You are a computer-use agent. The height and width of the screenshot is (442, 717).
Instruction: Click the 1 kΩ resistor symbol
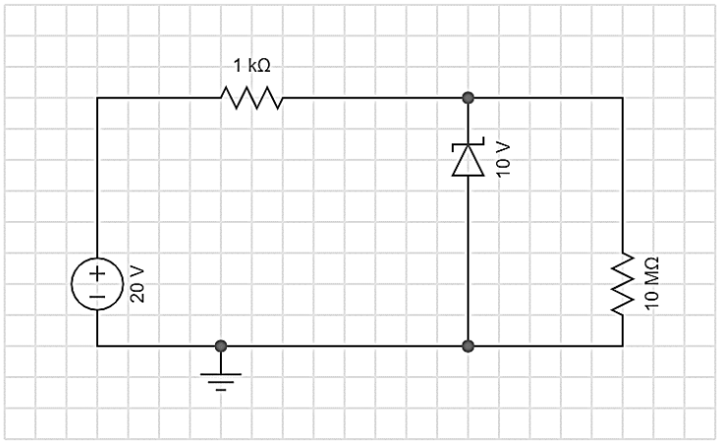pyautogui.click(x=252, y=98)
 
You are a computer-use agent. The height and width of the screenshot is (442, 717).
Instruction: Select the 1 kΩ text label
pyautogui.click(x=252, y=66)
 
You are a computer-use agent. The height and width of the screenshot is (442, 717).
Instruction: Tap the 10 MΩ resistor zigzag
pyautogui.click(x=623, y=284)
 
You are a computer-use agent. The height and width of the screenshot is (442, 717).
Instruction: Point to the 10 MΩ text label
pyautogui.click(x=652, y=284)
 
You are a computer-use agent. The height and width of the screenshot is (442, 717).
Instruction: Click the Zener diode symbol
pyautogui.click(x=468, y=159)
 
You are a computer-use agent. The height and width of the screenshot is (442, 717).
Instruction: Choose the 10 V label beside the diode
pyautogui.click(x=503, y=159)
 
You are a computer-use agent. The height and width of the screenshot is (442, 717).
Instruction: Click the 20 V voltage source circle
pyautogui.click(x=97, y=284)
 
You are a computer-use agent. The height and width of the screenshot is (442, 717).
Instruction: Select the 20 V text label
pyautogui.click(x=138, y=284)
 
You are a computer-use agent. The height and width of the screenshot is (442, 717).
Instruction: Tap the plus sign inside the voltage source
pyautogui.click(x=97, y=273)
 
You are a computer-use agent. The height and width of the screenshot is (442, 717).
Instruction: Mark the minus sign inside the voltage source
pyautogui.click(x=97, y=297)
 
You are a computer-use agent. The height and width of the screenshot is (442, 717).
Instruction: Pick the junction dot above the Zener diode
pyautogui.click(x=468, y=98)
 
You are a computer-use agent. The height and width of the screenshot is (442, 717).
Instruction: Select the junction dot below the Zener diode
pyautogui.click(x=468, y=346)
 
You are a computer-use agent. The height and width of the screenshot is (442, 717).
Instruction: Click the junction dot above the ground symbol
pyautogui.click(x=221, y=346)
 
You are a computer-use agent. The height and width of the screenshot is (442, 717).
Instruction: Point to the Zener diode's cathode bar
pyautogui.click(x=468, y=144)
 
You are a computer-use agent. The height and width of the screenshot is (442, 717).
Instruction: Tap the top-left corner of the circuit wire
pyautogui.click(x=97, y=98)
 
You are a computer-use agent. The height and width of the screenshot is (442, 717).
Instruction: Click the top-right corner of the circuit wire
pyautogui.click(x=623, y=98)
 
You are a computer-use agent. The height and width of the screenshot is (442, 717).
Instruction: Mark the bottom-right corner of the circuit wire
pyautogui.click(x=623, y=346)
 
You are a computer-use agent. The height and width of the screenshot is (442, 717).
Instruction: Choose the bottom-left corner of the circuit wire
pyautogui.click(x=97, y=346)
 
